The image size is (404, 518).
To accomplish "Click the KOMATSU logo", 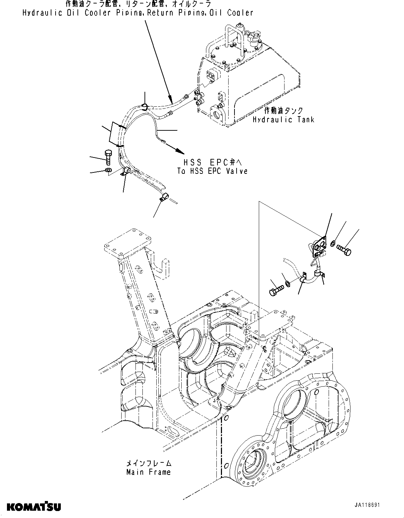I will coord(34,507).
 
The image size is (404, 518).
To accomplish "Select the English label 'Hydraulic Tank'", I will coord(283,120).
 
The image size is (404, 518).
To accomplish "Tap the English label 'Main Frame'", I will coord(148,472).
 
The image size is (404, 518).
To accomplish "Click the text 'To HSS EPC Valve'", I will coord(212,171).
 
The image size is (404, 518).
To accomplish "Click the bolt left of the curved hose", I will coord(108,157).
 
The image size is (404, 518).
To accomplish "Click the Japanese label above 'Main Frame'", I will coord(148,463).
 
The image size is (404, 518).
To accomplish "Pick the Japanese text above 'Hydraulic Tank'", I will coord(283,111).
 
